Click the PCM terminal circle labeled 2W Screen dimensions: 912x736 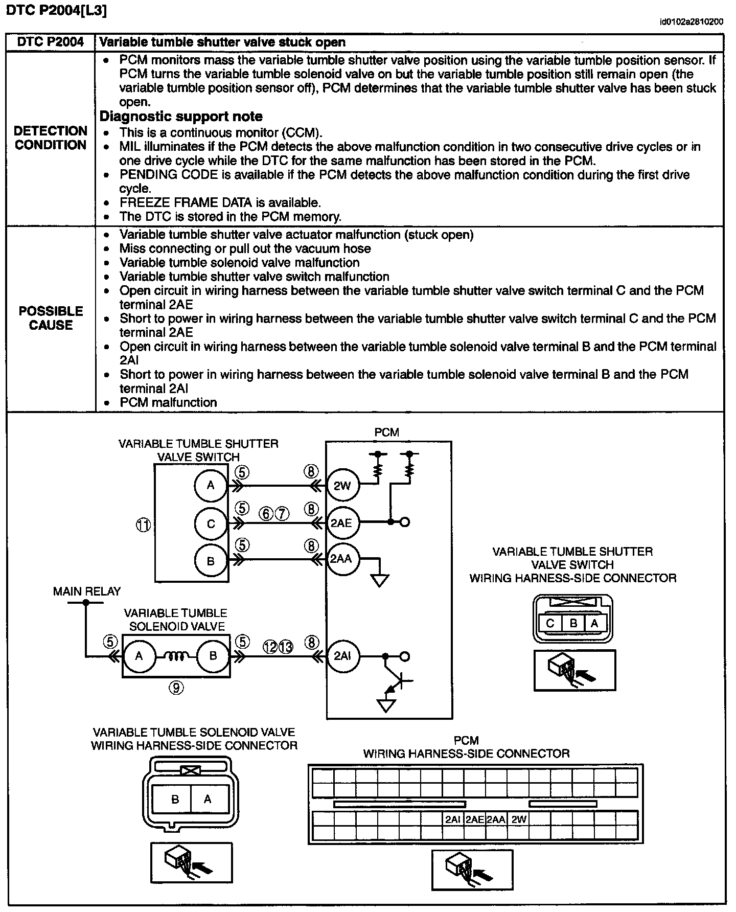[x=342, y=485]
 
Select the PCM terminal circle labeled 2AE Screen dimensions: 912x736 [x=342, y=522]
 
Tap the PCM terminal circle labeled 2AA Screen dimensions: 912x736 [x=341, y=559]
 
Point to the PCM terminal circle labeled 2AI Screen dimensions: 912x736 [x=342, y=656]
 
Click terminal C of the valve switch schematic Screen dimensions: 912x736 [x=211, y=523]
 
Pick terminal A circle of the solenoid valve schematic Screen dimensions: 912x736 [x=139, y=656]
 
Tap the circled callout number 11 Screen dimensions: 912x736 [x=144, y=525]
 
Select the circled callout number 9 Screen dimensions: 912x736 [x=176, y=688]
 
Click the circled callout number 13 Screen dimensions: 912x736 [x=286, y=647]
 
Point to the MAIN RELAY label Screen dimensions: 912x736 [x=86, y=591]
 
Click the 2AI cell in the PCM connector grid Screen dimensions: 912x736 [x=453, y=819]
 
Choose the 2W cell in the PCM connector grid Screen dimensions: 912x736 [x=518, y=819]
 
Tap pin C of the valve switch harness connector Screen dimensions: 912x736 [x=550, y=623]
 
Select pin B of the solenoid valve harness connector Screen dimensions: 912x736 [x=175, y=799]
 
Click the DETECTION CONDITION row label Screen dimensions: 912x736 [x=51, y=138]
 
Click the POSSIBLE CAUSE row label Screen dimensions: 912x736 [x=51, y=318]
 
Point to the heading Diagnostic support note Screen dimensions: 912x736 [x=181, y=117]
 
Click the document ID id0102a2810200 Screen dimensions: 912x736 [x=691, y=22]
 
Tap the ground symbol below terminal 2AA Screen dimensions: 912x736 [x=380, y=580]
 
